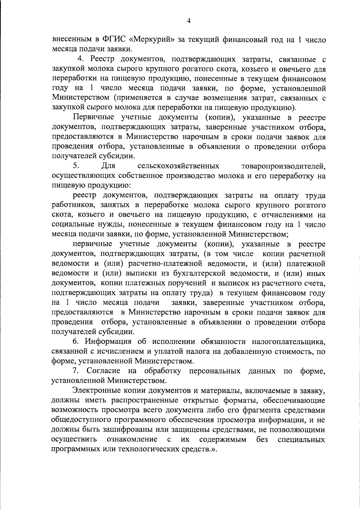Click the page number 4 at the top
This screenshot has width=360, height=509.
(x=189, y=21)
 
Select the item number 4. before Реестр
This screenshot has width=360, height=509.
(x=80, y=59)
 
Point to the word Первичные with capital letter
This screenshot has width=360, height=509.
(x=93, y=117)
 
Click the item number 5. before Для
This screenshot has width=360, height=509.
(x=76, y=166)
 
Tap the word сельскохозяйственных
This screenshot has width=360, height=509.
(x=178, y=166)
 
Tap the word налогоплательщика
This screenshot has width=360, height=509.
(x=288, y=342)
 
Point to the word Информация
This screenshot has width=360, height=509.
(x=108, y=342)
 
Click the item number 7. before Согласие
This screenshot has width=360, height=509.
(x=75, y=371)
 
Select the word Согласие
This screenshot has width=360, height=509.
(x=103, y=371)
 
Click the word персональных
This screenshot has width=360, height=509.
(x=214, y=371)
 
